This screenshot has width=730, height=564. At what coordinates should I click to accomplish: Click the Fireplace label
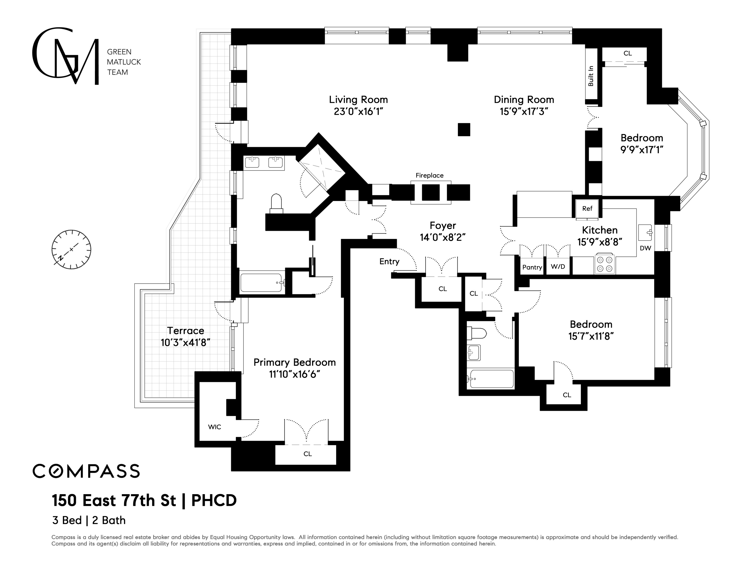tap(430, 175)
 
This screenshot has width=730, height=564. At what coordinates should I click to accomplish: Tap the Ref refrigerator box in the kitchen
tap(587, 209)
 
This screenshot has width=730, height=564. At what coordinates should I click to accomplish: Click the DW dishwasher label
tap(645, 248)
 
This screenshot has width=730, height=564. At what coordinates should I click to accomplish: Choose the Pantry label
tap(532, 267)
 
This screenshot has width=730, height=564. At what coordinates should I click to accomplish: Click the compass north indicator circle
tap(71, 249)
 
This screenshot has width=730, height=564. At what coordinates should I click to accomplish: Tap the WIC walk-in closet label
tap(215, 427)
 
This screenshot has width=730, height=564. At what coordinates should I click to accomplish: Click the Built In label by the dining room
tap(591, 76)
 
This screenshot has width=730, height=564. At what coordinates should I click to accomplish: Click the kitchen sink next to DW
tap(645, 233)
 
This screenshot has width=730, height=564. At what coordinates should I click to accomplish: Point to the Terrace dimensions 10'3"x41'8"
tap(186, 343)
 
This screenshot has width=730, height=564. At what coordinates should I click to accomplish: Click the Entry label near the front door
tap(389, 262)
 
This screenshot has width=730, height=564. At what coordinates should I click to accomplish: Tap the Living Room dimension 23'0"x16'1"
tap(358, 112)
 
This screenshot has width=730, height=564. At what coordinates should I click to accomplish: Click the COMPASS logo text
tap(86, 471)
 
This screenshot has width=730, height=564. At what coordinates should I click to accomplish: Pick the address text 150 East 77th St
tap(114, 500)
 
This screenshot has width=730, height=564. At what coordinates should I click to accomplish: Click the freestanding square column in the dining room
tap(464, 130)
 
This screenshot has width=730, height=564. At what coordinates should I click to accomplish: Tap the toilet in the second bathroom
tap(476, 333)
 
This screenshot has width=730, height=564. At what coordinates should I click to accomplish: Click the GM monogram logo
tap(65, 56)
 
